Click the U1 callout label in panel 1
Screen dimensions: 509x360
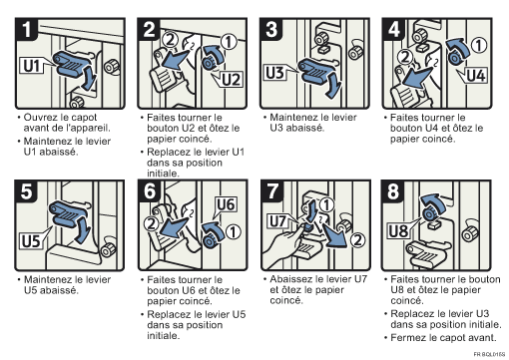coord(32,66)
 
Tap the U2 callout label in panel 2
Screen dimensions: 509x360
coord(231,80)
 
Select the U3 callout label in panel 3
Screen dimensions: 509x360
coord(274,73)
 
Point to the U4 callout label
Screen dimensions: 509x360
coord(476,75)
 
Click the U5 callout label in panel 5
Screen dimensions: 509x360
coord(31,240)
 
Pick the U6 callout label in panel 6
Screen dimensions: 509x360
coord(226,204)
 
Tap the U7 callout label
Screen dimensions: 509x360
coord(277,221)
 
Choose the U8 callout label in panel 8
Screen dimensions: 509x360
coord(398,230)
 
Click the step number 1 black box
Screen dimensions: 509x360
coord(26,29)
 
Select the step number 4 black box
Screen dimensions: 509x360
coord(393,29)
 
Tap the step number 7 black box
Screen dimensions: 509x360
coord(272,191)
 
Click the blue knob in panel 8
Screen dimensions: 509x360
coord(429,213)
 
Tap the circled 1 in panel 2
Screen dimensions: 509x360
coord(229,42)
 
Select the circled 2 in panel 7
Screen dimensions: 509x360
coord(357,239)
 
